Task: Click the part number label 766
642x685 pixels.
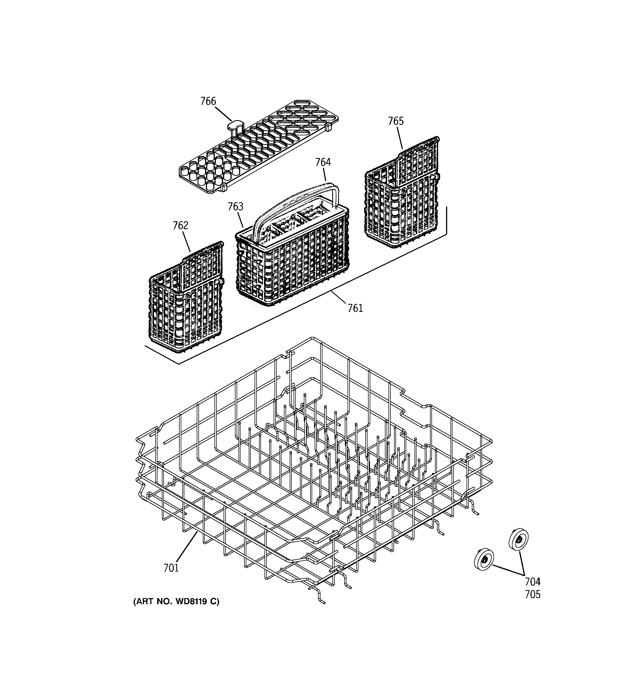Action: point(208,101)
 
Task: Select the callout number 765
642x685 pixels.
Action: point(396,121)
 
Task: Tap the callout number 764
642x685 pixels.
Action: point(323,162)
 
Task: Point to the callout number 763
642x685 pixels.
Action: point(235,207)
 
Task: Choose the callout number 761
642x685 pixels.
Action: point(355,308)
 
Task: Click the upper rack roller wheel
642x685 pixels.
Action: point(518,539)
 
